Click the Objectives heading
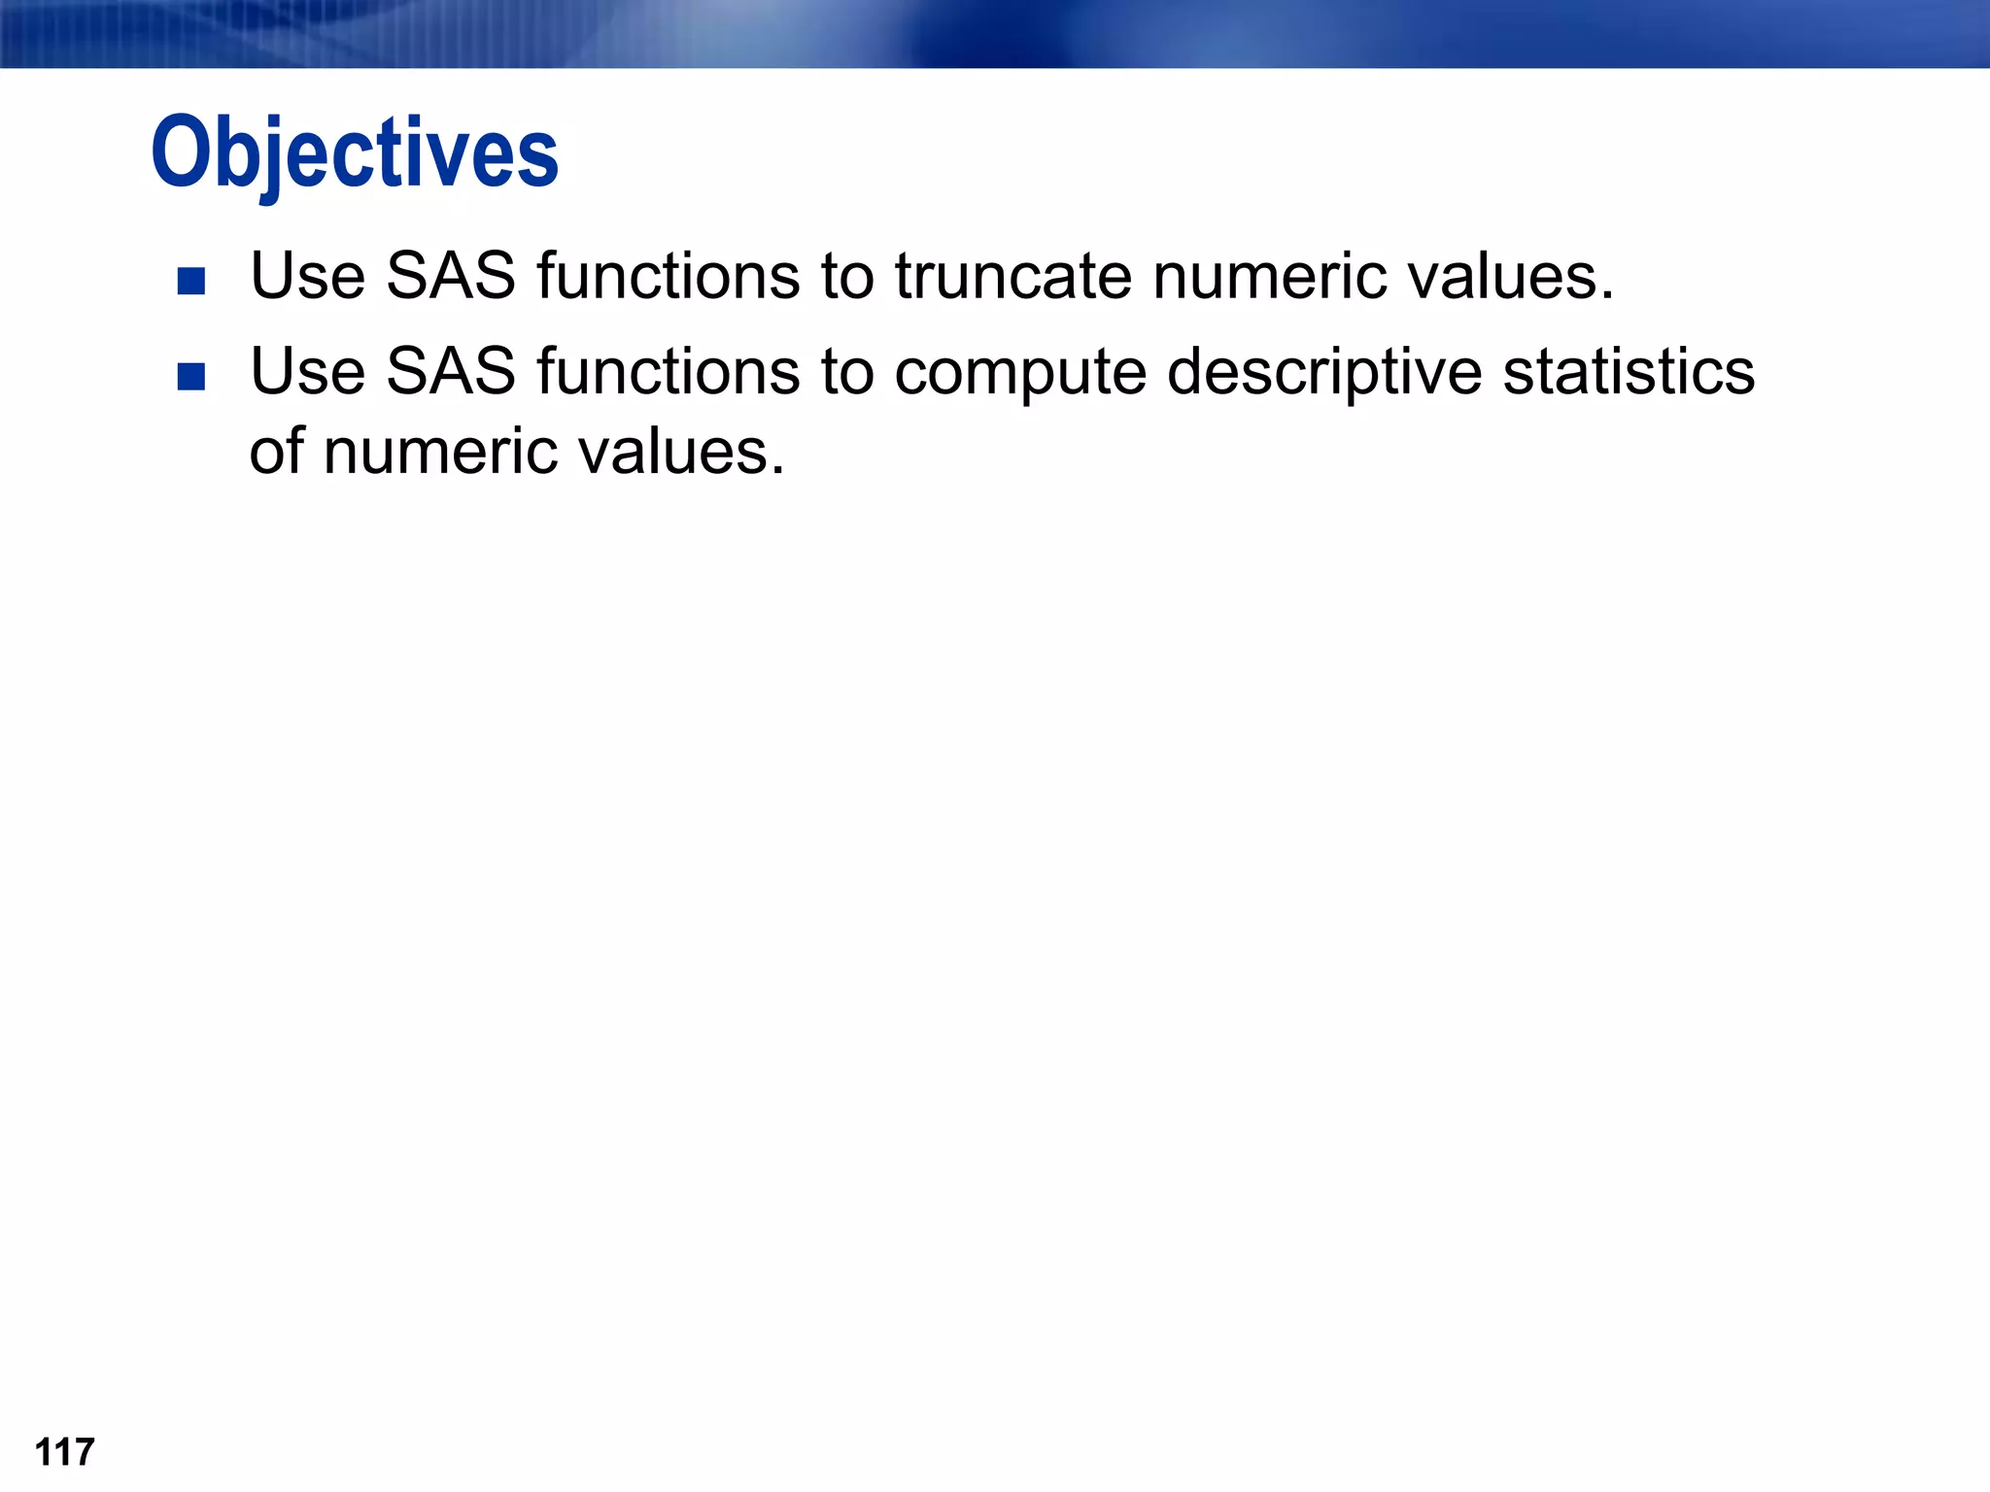(x=355, y=153)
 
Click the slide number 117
(x=64, y=1452)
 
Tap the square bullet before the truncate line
(x=191, y=282)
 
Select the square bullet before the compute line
(x=191, y=376)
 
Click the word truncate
(x=1012, y=277)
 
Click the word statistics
(x=1629, y=372)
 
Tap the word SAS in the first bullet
(x=451, y=277)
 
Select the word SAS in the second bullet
(x=451, y=372)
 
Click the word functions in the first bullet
(x=669, y=277)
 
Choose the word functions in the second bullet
(x=669, y=372)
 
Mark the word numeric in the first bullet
(x=1269, y=277)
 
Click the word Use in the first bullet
(x=308, y=277)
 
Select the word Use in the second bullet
(x=308, y=372)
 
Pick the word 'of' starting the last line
(x=276, y=453)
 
